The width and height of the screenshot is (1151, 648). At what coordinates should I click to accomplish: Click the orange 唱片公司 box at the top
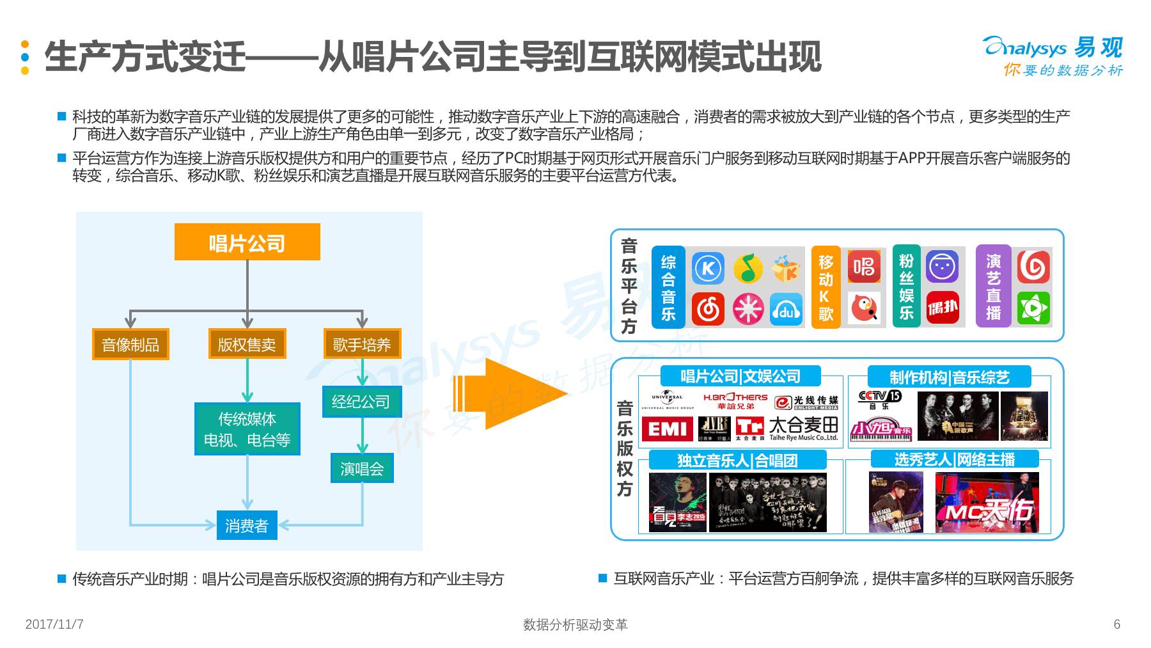pyautogui.click(x=247, y=242)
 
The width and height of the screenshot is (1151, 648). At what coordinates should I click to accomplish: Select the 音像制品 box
pyautogui.click(x=130, y=344)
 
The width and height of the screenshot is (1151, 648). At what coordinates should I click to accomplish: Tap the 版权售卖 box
pyautogui.click(x=247, y=344)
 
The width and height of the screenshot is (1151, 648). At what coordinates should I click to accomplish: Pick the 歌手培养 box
pyautogui.click(x=362, y=344)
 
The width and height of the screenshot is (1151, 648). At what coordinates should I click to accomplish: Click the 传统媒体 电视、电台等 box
pyautogui.click(x=247, y=429)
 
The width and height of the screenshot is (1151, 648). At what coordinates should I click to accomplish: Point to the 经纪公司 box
pyautogui.click(x=361, y=402)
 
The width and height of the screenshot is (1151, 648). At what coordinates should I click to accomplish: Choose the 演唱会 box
pyautogui.click(x=362, y=468)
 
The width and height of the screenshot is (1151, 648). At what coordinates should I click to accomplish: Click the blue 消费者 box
pyautogui.click(x=247, y=525)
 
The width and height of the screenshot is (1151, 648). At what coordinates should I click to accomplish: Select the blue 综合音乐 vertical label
pyautogui.click(x=668, y=287)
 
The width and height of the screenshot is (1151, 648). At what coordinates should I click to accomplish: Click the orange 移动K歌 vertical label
pyautogui.click(x=826, y=287)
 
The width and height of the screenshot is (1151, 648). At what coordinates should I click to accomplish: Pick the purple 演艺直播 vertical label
pyautogui.click(x=993, y=286)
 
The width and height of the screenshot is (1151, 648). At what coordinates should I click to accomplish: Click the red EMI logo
pyautogui.click(x=667, y=429)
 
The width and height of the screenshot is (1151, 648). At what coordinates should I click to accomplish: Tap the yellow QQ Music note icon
pyautogui.click(x=748, y=268)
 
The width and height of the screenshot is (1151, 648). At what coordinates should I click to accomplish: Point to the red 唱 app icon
pyautogui.click(x=864, y=267)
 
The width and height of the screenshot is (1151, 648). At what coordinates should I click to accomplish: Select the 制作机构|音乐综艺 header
pyautogui.click(x=949, y=377)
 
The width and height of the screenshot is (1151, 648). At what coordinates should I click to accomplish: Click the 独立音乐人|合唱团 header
pyautogui.click(x=737, y=460)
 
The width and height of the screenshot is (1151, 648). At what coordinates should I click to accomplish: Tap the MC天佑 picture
pyautogui.click(x=987, y=503)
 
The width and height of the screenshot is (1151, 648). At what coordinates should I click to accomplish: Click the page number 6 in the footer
pyautogui.click(x=1116, y=624)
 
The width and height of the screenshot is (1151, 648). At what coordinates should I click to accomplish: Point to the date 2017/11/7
pyautogui.click(x=54, y=624)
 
